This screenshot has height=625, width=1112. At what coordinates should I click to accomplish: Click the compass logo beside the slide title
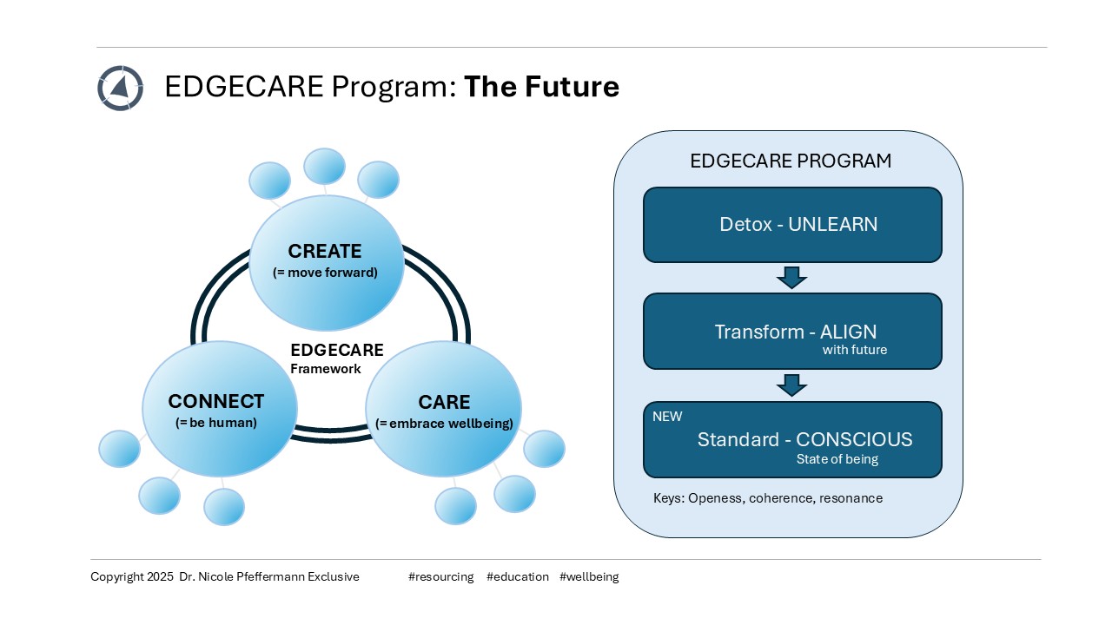[x=120, y=88]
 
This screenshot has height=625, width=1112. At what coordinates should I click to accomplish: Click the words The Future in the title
[x=541, y=87]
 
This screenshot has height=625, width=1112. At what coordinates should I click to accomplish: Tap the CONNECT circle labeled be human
[x=218, y=411]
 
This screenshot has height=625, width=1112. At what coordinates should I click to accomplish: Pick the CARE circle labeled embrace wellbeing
[x=444, y=411]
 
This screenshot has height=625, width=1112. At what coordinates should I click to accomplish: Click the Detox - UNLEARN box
[x=792, y=225]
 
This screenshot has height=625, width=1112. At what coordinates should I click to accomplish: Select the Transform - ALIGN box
[x=792, y=332]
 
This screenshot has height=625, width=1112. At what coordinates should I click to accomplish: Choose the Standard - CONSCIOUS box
[x=792, y=439]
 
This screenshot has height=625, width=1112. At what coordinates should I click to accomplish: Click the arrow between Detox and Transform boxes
[x=791, y=278]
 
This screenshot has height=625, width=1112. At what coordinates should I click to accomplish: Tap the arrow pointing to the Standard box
[x=791, y=385]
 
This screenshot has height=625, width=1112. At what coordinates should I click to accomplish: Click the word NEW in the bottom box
[x=667, y=417]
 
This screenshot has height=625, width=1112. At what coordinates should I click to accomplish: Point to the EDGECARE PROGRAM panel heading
[x=791, y=161]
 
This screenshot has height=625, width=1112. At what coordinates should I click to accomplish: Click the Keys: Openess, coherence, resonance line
[x=768, y=498]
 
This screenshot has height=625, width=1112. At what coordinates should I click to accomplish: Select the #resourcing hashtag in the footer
[x=440, y=576]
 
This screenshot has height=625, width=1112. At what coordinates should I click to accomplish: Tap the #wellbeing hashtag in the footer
[x=589, y=576]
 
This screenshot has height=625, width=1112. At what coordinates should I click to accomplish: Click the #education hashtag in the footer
[x=518, y=576]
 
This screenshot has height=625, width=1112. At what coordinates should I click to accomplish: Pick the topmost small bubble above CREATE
[x=324, y=166]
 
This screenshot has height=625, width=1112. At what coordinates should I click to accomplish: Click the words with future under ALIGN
[x=855, y=351]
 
